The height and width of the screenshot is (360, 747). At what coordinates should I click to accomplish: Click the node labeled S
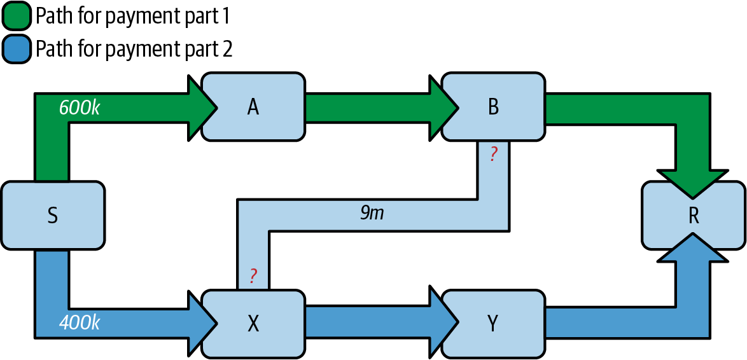tap(53, 216)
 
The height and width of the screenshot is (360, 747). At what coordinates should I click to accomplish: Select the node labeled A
tap(253, 107)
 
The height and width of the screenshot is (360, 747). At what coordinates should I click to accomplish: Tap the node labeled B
tap(493, 107)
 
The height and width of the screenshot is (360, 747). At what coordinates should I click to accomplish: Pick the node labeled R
tap(694, 216)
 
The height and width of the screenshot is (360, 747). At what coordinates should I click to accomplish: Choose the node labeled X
tap(253, 324)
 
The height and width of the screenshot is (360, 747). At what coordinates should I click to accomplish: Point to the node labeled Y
tap(493, 324)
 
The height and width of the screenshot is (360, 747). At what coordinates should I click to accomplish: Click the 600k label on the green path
tap(80, 107)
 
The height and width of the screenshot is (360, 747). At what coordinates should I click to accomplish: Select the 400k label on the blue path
tap(80, 323)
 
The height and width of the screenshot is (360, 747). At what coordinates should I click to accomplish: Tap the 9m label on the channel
tap(372, 213)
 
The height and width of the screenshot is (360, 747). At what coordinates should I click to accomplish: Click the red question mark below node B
tap(493, 155)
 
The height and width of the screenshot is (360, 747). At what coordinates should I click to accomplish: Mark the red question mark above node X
tap(253, 276)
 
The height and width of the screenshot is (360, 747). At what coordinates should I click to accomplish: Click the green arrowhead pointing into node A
tap(200, 107)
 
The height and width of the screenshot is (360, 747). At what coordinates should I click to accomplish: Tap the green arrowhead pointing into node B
tap(443, 107)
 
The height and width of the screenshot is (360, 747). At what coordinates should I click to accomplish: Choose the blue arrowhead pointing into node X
tap(200, 323)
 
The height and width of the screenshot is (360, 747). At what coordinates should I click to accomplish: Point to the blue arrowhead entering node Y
tap(443, 323)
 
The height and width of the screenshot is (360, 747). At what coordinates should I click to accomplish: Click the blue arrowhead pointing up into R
tap(692, 249)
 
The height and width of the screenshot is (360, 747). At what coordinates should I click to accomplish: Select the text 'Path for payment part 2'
tap(134, 49)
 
